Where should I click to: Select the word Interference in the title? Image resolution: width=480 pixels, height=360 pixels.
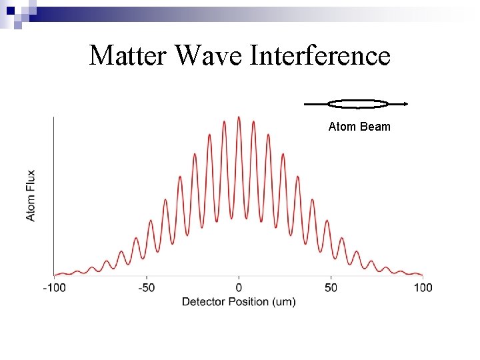[320, 55]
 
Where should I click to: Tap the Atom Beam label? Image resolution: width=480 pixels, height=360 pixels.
[359, 127]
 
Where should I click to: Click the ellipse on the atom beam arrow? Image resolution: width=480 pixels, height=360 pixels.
[359, 103]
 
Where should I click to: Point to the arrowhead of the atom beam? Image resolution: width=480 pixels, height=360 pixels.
[405, 103]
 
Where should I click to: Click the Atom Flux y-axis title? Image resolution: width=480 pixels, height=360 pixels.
[31, 195]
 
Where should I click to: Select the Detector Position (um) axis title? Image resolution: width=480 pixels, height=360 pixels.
[239, 302]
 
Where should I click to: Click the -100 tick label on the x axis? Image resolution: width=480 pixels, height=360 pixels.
[54, 288]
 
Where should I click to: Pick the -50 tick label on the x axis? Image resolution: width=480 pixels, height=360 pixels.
[147, 288]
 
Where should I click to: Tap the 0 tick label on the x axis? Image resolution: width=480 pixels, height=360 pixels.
[239, 288]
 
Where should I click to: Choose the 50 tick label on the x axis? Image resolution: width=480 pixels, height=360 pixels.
[331, 288]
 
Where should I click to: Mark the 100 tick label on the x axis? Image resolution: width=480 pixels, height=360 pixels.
[423, 288]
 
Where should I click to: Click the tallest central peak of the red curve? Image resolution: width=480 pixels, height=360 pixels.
[239, 118]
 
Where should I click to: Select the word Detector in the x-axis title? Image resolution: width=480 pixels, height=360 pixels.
[203, 302]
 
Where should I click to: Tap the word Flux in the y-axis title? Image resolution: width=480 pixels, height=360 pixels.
[31, 181]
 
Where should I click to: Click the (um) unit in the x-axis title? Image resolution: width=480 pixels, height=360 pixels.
[284, 302]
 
